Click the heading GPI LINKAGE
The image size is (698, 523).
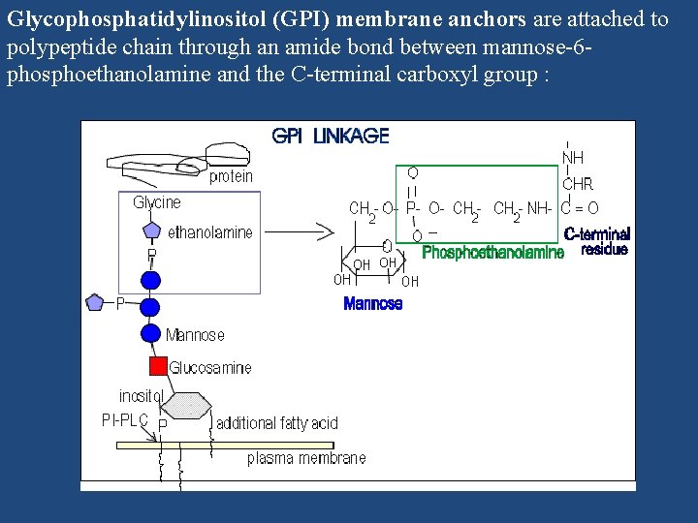[x=330, y=136]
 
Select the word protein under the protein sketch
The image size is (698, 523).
[x=231, y=176]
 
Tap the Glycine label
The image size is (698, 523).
[x=157, y=202]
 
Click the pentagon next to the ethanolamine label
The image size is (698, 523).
[x=151, y=231]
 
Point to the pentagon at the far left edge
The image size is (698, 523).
[x=94, y=302]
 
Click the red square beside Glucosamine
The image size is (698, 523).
[x=157, y=366]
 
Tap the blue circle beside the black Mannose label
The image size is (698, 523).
[x=150, y=333]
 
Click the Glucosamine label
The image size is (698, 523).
[x=210, y=368]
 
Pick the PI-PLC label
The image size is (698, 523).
[x=125, y=420]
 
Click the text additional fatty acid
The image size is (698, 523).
[x=277, y=423]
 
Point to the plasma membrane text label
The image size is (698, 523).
[x=306, y=458]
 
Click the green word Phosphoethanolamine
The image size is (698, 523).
[x=493, y=253]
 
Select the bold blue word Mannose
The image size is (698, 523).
[x=373, y=304]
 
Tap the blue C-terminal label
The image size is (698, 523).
[x=596, y=234]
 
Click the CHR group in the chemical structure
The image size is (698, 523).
[x=578, y=183]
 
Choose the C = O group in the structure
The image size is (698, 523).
[x=580, y=207]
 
